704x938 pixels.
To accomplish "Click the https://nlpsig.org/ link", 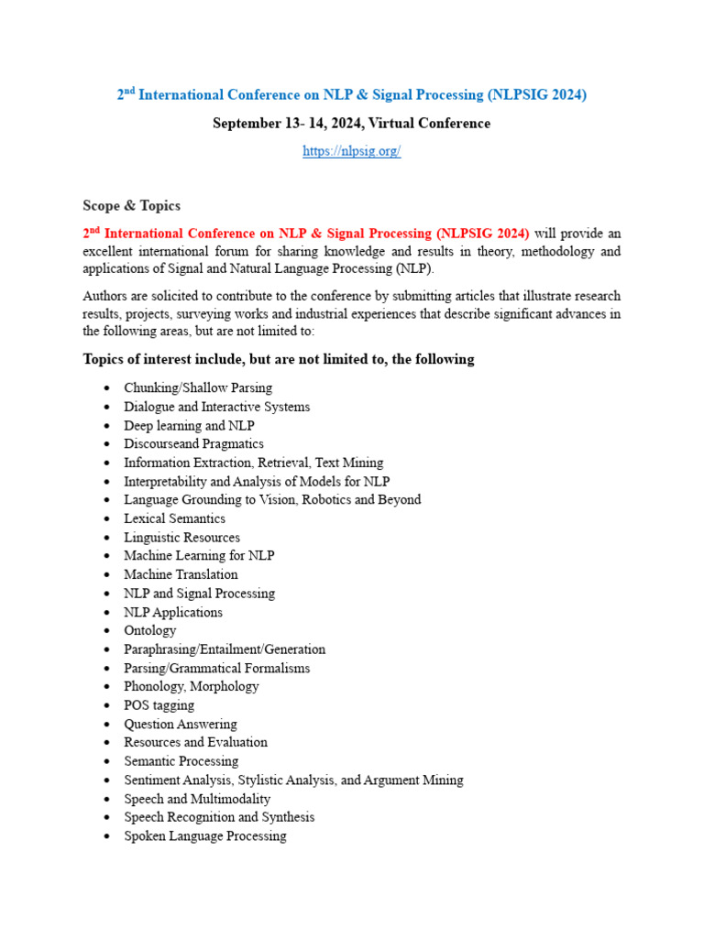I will pos(352,151).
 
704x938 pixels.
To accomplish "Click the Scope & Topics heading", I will pos(131,206).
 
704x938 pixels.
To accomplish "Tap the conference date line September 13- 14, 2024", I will pos(351,124).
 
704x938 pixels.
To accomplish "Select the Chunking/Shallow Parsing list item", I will pos(198,388).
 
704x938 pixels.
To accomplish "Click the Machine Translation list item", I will pos(181,575).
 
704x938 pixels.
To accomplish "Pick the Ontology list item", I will pos(150,631).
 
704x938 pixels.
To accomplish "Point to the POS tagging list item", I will pos(159,705).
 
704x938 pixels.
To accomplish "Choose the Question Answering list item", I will pos(181,725).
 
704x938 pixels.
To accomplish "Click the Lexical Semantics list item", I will pos(174,519).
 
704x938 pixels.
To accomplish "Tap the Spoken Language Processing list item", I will pos(205,836).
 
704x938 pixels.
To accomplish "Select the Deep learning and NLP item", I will pos(189,426).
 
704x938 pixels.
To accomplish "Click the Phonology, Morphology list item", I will pos(192,687).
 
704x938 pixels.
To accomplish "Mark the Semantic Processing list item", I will pos(181,761).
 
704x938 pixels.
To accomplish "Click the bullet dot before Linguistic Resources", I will pos(108,539).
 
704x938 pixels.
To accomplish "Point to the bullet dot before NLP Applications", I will pos(108,613).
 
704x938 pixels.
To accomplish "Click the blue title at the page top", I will pos(351,94).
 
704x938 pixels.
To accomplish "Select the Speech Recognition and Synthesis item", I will pos(219,817).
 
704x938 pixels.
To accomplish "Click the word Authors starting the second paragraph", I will pos(105,296).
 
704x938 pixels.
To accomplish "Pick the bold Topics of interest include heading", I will pos(279,359).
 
